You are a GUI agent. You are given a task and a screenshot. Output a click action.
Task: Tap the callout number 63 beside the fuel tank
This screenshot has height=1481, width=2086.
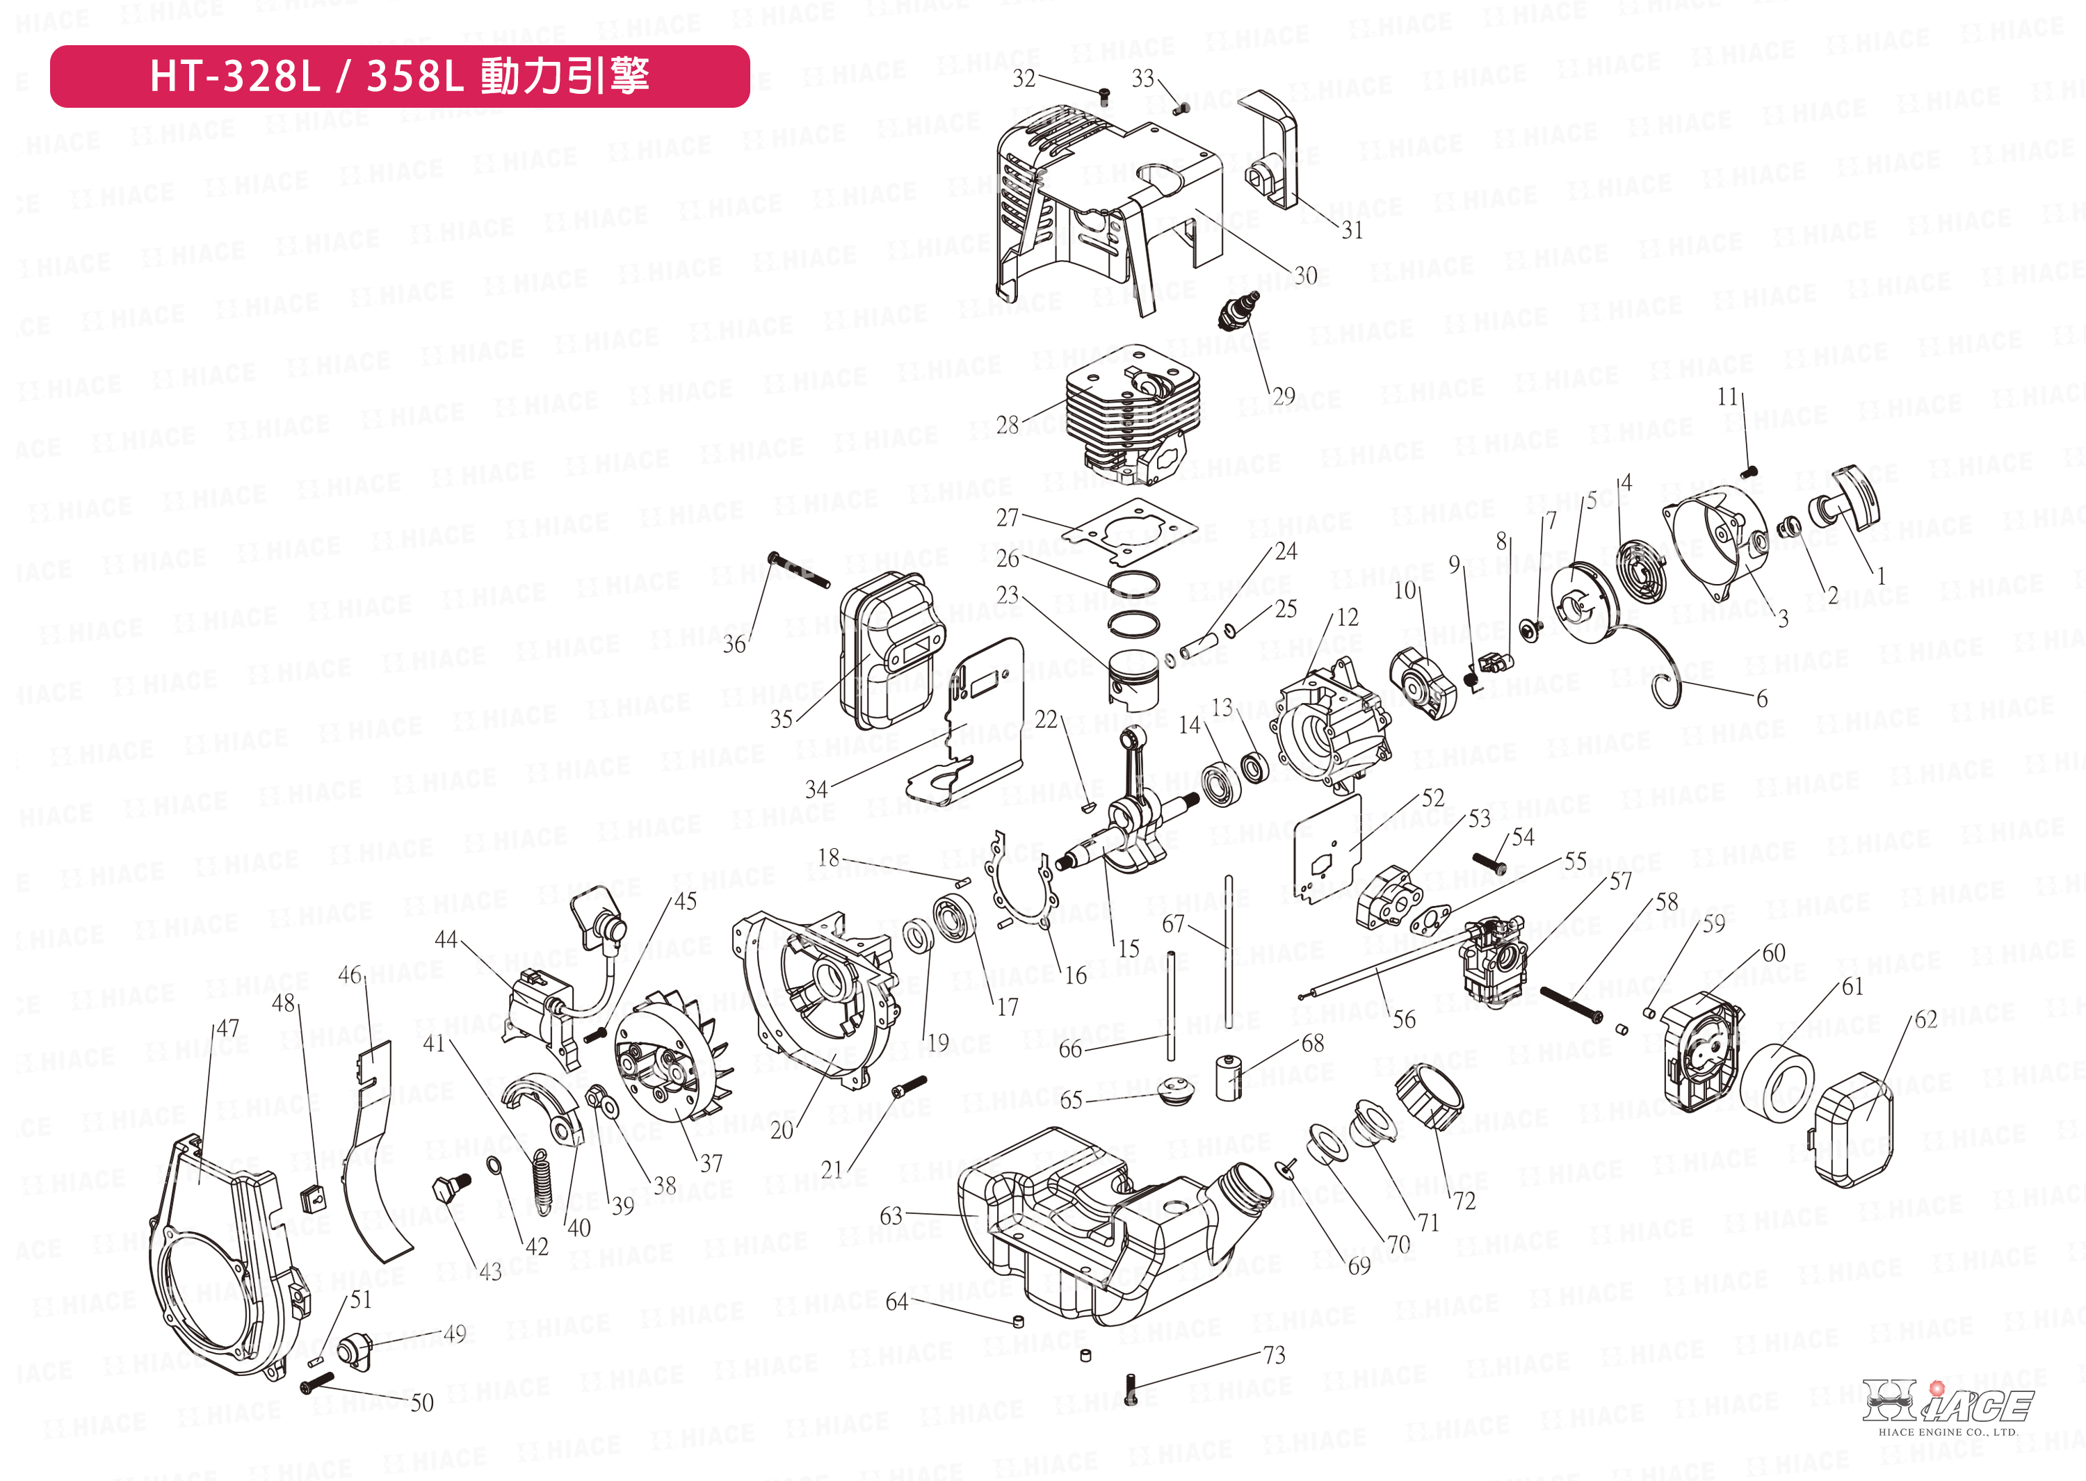pos(891,1215)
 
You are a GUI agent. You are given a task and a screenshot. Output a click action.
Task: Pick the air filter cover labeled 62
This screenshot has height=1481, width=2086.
pos(1852,1127)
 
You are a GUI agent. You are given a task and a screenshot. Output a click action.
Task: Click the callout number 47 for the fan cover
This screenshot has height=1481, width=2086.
pos(228,1028)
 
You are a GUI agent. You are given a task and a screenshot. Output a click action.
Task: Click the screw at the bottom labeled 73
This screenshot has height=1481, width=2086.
pos(1131,1390)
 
